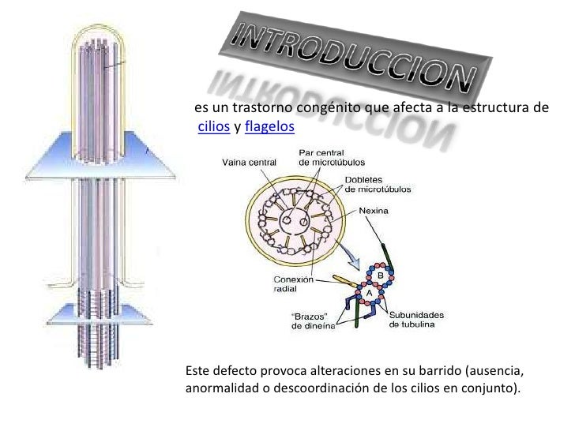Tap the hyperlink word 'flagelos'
(x=269, y=126)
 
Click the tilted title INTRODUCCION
(x=348, y=51)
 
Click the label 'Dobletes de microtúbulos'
(x=383, y=184)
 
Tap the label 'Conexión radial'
(x=294, y=284)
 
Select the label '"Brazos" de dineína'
(x=314, y=324)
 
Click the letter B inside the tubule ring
(x=389, y=274)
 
